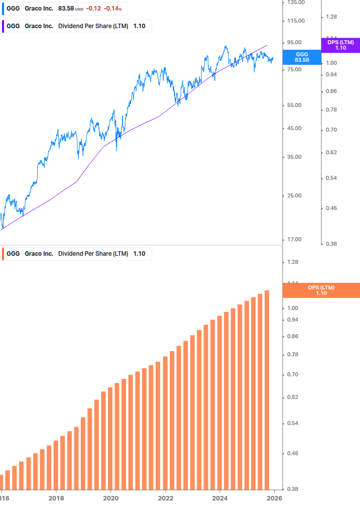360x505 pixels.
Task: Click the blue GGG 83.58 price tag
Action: click(x=302, y=57)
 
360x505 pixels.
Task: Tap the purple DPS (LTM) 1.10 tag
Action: click(x=340, y=45)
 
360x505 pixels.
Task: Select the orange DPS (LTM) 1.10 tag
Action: click(x=321, y=290)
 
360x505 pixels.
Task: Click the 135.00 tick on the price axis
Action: click(x=295, y=3)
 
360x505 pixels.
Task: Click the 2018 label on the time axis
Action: click(x=56, y=498)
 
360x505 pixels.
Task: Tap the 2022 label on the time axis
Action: click(x=165, y=498)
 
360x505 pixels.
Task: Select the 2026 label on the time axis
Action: click(x=274, y=498)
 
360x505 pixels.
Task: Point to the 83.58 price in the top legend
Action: click(x=66, y=9)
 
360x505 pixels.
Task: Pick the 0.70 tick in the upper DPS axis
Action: click(x=331, y=130)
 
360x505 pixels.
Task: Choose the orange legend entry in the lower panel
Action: click(x=75, y=254)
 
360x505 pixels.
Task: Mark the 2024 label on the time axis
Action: click(x=219, y=498)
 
